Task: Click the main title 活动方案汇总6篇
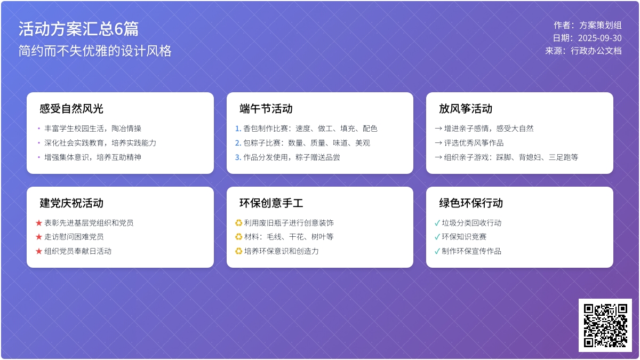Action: pyautogui.click(x=78, y=29)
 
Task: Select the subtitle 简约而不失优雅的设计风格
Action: pyautogui.click(x=95, y=51)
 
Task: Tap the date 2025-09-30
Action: pyautogui.click(x=599, y=38)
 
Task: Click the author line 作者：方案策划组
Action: pyautogui.click(x=587, y=25)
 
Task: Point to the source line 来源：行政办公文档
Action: pyautogui.click(x=583, y=51)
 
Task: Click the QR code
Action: pyautogui.click(x=605, y=325)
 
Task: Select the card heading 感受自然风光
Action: pyautogui.click(x=71, y=109)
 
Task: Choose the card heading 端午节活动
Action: pyautogui.click(x=266, y=109)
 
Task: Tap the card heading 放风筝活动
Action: pyautogui.click(x=466, y=109)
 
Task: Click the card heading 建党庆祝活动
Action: pyautogui.click(x=71, y=203)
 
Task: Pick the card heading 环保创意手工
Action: pyautogui.click(x=271, y=203)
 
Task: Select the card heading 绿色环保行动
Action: pyautogui.click(x=471, y=203)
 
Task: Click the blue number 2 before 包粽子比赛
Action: pyautogui.click(x=238, y=143)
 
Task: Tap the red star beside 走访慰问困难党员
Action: pyautogui.click(x=39, y=237)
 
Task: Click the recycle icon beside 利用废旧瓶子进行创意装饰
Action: pyautogui.click(x=238, y=223)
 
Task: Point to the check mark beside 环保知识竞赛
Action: pyautogui.click(x=437, y=237)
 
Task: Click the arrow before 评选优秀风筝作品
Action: pyautogui.click(x=438, y=143)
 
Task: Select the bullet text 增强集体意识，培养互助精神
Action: pyautogui.click(x=93, y=157)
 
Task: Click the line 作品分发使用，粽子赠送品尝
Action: pyautogui.click(x=291, y=157)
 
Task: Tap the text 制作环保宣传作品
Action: pyautogui.click(x=471, y=251)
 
